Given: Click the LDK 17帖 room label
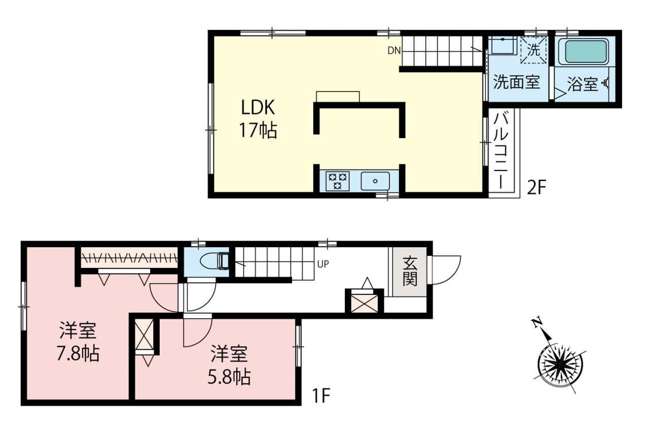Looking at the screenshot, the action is click(258, 119).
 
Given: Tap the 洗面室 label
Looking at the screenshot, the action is click(517, 82).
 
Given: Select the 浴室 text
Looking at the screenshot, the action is click(583, 84).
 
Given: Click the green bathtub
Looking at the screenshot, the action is click(586, 52).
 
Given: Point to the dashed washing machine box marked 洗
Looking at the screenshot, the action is click(533, 50).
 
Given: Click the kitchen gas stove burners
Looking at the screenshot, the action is click(337, 181).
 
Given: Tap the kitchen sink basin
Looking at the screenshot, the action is click(375, 181).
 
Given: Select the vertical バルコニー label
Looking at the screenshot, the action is click(501, 151).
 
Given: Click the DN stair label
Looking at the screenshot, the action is click(394, 51).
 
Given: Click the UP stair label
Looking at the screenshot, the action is click(323, 264).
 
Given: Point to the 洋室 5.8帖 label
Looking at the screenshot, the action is click(229, 365).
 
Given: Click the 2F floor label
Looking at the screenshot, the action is click(536, 187).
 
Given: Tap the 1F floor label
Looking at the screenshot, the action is click(321, 395).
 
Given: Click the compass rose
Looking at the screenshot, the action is click(560, 364).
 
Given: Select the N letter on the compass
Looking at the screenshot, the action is click(537, 322).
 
